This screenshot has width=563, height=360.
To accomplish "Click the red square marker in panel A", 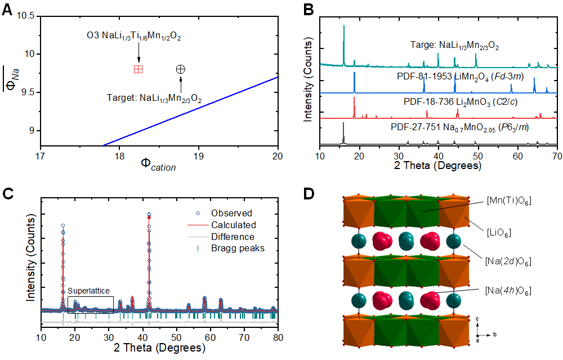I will [138, 69].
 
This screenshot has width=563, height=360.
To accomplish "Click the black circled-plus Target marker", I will [180, 69].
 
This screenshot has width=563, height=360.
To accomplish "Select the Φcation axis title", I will [159, 165].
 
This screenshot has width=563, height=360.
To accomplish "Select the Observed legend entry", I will [231, 213].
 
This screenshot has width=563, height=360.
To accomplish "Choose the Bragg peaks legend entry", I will [237, 248].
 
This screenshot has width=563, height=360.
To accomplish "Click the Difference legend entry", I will [233, 237].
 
